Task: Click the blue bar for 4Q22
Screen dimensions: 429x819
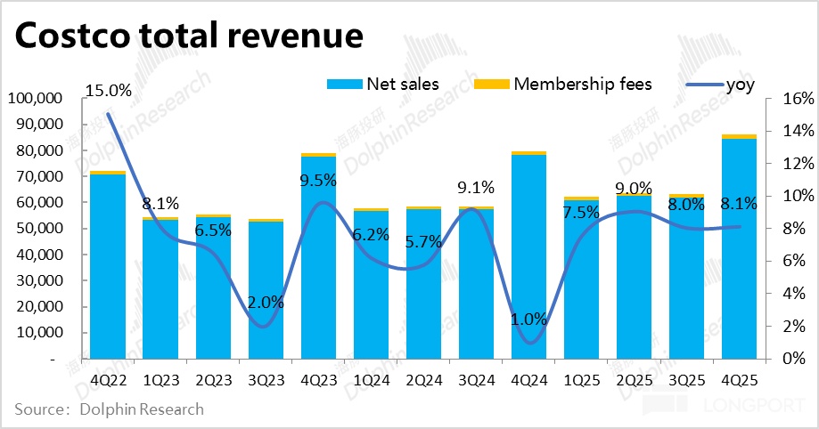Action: point(108,267)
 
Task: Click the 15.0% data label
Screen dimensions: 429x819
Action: point(108,91)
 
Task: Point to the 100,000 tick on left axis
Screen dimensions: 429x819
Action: point(33,98)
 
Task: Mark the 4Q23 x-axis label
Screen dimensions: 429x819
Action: point(318,379)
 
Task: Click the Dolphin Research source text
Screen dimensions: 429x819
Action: point(142,410)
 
